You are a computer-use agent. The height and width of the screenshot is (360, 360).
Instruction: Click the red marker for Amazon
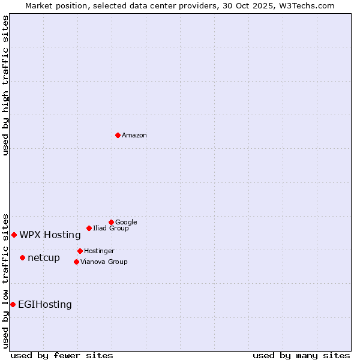coord(118,135)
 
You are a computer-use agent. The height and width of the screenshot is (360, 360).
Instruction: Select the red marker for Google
coord(111,222)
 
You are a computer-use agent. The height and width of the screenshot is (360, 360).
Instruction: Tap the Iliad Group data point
coord(89,228)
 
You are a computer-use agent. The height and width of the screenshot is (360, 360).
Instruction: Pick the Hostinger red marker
coord(80,251)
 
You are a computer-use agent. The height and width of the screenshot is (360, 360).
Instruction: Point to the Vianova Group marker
coord(76,262)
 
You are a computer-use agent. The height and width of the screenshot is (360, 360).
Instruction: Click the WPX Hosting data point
coord(14,235)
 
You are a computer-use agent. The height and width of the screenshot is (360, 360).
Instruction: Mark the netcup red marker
coord(22,257)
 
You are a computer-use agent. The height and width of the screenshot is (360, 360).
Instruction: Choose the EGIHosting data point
coord(13,304)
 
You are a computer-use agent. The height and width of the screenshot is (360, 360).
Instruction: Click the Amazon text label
coord(134,136)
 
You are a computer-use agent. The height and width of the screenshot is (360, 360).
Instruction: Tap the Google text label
coord(126,222)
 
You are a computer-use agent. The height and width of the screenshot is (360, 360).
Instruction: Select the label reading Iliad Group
coord(111,228)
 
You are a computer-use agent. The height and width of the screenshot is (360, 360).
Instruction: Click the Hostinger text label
coord(99,251)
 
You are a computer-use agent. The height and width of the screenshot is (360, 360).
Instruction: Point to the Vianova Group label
coord(104,262)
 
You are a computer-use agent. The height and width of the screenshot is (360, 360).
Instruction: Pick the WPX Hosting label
coord(50,235)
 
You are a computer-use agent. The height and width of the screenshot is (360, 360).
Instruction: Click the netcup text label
coord(44,258)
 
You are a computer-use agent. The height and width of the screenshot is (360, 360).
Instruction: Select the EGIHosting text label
coord(45,305)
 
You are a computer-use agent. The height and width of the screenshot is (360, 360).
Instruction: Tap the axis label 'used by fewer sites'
coord(62,355)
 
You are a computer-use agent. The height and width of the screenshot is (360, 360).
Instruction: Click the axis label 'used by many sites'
coord(301,355)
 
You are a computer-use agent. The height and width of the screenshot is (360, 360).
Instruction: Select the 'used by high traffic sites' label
coord(5,85)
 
